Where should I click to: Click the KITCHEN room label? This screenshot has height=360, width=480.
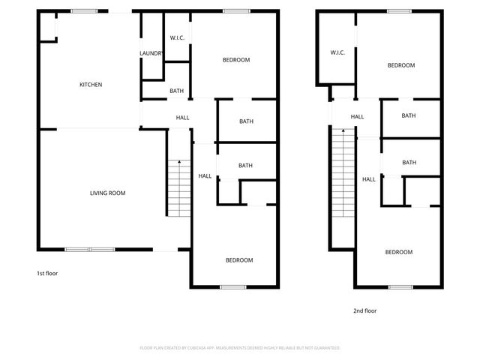91,85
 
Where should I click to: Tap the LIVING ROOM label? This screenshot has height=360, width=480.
107,193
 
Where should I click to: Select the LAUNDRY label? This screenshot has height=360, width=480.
151,53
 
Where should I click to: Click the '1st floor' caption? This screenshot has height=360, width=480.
47,274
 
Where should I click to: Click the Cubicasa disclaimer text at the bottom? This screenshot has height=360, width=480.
240,348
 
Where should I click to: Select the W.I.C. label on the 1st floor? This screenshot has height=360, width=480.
177,37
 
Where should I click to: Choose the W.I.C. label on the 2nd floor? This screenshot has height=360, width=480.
337,52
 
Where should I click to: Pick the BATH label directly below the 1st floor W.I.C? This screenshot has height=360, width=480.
176,91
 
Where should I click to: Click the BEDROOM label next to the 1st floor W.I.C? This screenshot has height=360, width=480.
236,60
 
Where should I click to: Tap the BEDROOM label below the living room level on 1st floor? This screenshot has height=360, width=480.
239,260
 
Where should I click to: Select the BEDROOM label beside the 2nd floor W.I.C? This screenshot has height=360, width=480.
400,65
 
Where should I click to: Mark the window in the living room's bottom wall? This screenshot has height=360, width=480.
89,249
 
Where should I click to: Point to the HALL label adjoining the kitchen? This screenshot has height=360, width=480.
182,118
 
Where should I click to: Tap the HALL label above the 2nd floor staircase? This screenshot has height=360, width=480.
358,116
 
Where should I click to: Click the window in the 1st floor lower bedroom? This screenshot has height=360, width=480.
233,287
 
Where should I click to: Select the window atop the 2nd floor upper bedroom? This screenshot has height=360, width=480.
398,10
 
